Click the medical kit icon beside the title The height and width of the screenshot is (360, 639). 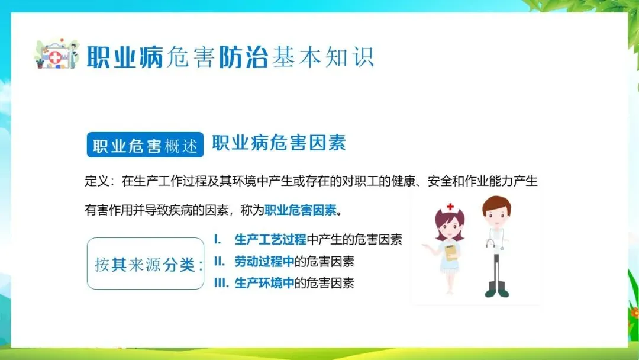coord(56,54)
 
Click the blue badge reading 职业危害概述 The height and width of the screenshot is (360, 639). coord(145,144)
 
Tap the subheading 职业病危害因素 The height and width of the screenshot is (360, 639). coord(279,143)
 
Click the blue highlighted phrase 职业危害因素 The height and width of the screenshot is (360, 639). coord(301,210)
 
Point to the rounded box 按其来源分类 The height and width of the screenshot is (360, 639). coord(146,263)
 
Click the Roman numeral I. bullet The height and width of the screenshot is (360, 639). coord(218,239)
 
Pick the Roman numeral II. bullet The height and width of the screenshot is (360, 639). coord(220,261)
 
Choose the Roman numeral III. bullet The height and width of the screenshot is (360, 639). coord(221,283)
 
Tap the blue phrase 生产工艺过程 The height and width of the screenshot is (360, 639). coord(270,239)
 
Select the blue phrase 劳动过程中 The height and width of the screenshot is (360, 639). coord(264,261)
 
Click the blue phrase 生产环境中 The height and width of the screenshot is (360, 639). coord(264,283)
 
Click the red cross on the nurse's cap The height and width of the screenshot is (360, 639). coord(450,207)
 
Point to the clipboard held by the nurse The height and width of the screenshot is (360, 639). coord(451,252)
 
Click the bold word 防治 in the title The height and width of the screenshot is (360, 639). coord(244,57)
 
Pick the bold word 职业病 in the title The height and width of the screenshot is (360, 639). coord(125,57)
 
